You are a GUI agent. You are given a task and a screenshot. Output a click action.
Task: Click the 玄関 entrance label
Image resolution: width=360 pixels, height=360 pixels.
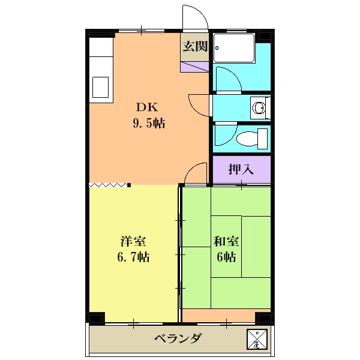point(195,47)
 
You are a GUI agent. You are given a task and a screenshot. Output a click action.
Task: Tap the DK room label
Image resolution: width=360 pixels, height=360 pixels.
point(146,108)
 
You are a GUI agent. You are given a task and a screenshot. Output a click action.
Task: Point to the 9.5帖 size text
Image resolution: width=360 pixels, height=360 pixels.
point(149,124)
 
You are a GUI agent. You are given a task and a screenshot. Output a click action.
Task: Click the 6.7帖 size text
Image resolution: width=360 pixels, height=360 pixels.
point(134,257)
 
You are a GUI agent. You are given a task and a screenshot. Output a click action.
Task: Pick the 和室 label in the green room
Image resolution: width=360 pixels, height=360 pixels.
point(226,242)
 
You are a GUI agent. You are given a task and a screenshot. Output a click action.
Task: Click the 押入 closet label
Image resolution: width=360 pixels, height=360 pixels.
point(241,170)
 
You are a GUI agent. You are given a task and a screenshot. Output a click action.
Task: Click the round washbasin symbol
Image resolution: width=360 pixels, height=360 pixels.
point(259,108)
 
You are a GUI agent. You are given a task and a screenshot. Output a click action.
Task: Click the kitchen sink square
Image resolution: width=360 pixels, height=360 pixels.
point(100,88)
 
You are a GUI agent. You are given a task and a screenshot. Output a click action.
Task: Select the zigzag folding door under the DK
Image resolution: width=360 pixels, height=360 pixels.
point(109,185)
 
